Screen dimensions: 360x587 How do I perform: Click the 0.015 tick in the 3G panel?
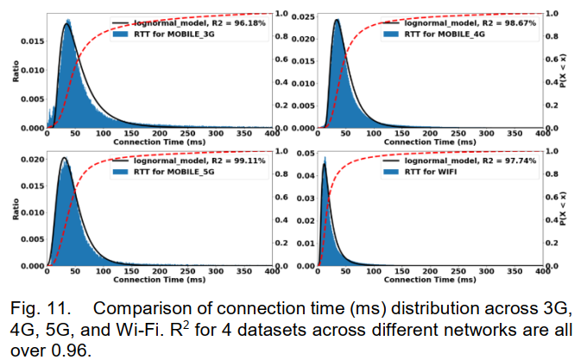28,41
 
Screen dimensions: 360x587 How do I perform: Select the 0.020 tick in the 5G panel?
29,161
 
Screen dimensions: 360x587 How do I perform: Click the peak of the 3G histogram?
65,26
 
